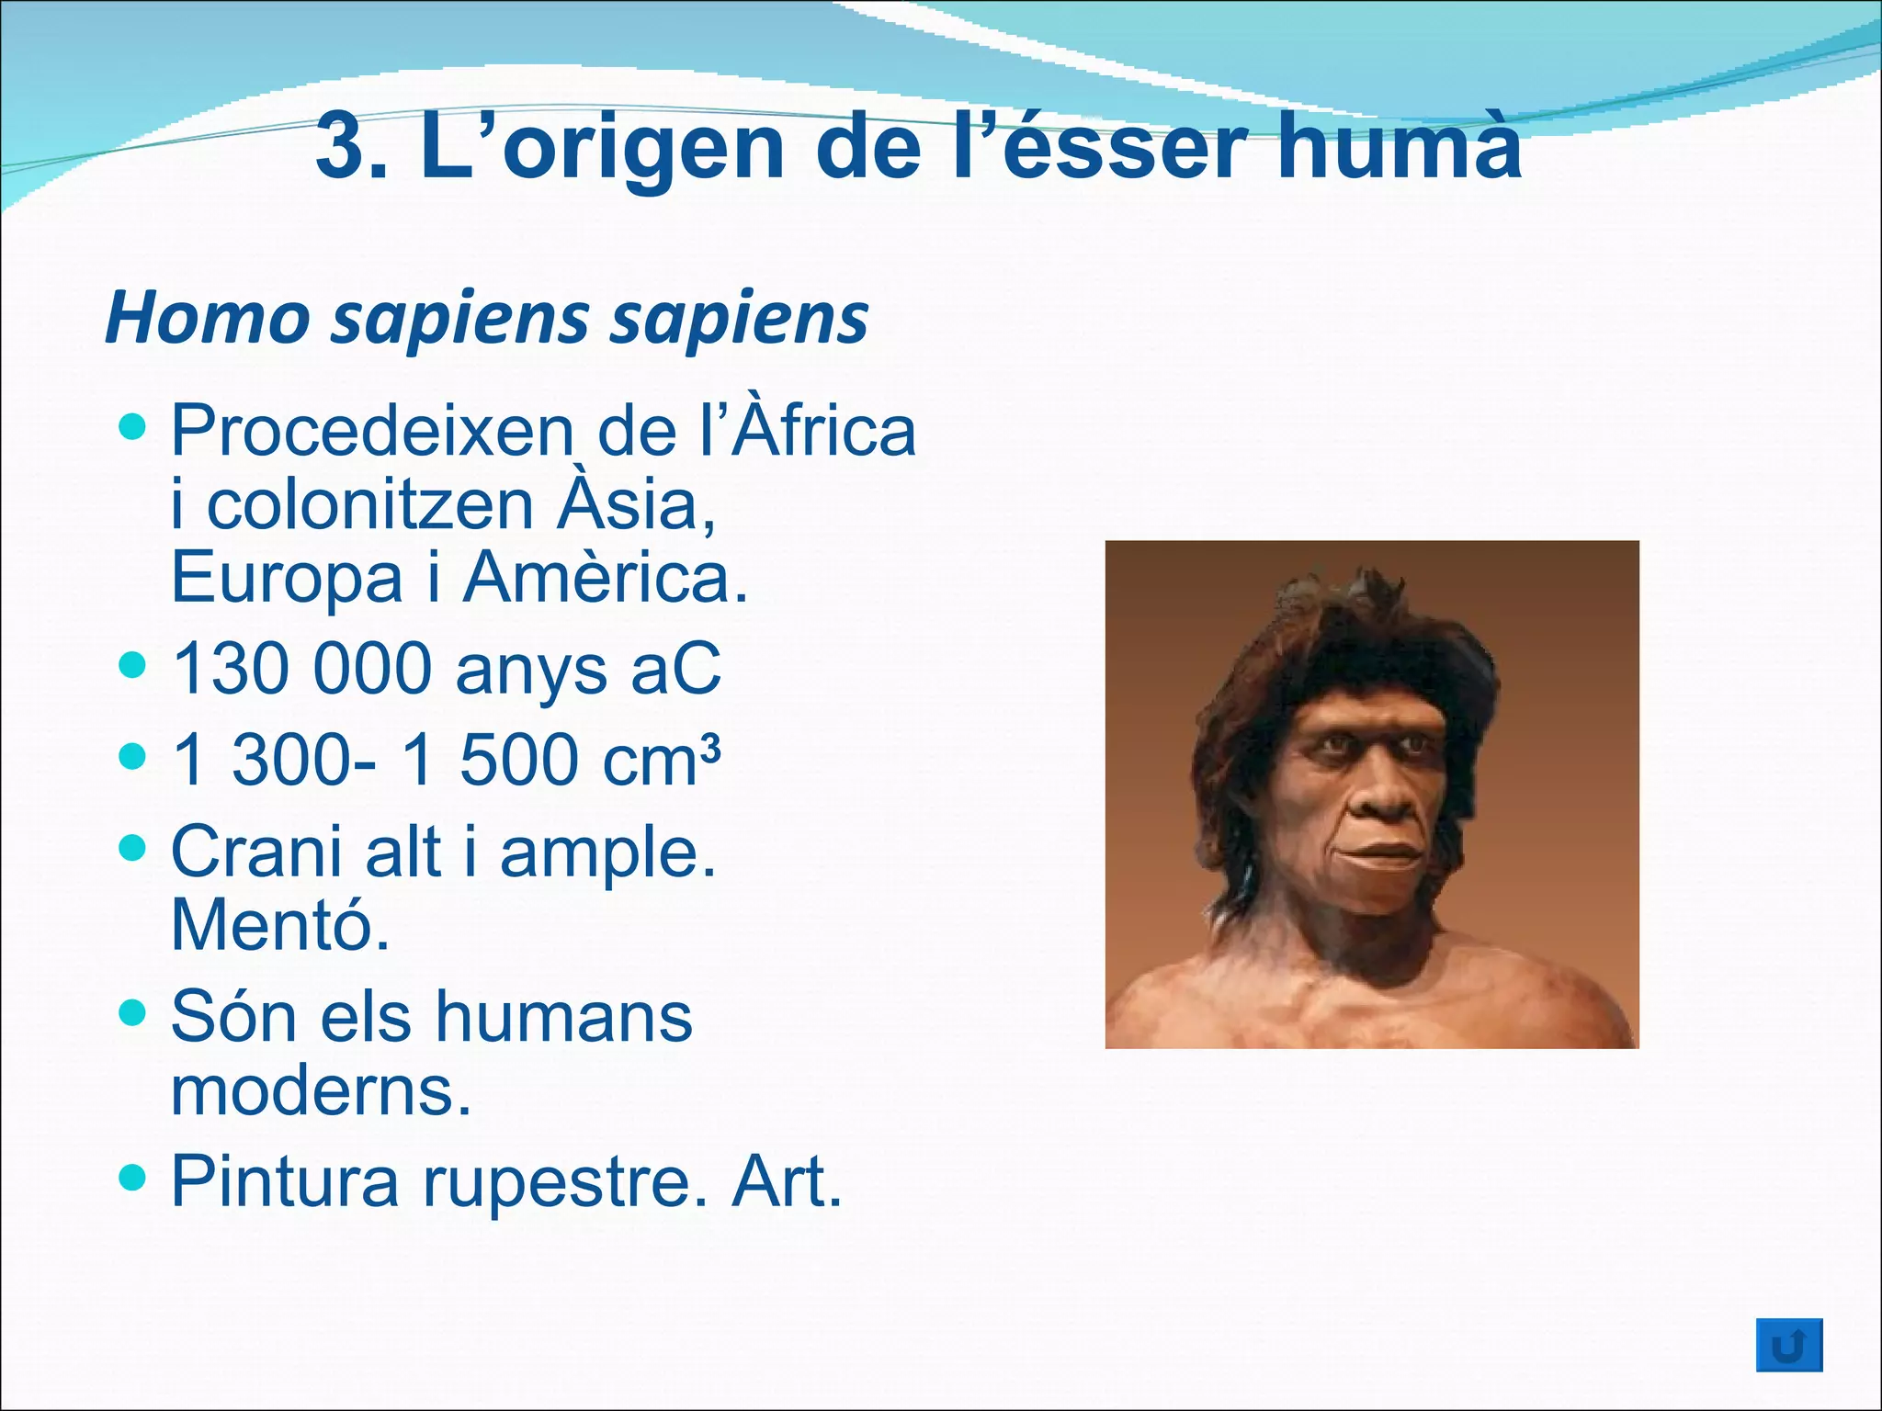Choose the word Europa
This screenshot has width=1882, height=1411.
coord(287,579)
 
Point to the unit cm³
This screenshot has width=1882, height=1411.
coord(662,760)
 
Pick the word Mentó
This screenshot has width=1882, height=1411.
coord(280,924)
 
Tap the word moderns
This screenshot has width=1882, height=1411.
coord(321,1090)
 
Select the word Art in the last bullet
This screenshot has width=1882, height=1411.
coord(786,1181)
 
